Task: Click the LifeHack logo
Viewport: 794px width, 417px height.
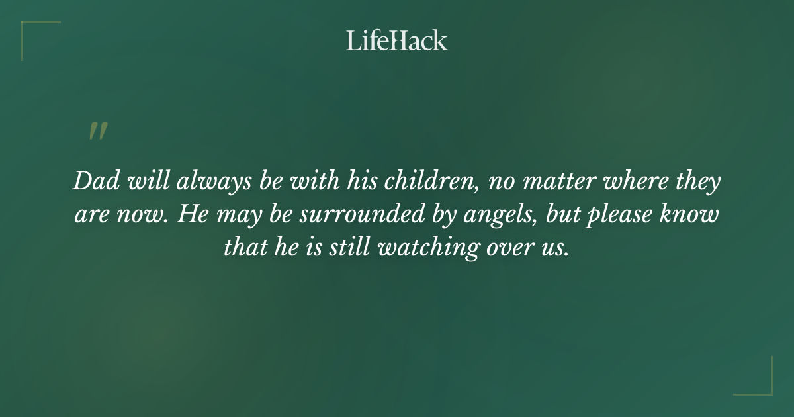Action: pos(396,40)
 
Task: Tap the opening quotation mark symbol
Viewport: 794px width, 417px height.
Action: pos(97,131)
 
